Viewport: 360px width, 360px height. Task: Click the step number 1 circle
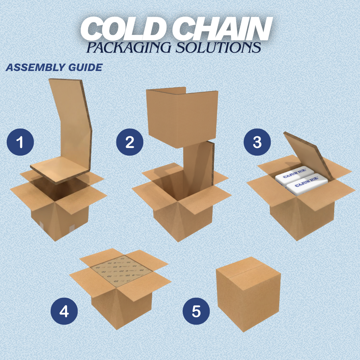click(20, 142)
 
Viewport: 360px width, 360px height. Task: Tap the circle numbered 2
click(130, 142)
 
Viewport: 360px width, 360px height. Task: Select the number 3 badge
click(257, 142)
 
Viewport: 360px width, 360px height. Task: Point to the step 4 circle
click(64, 312)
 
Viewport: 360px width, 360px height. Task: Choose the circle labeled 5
click(196, 312)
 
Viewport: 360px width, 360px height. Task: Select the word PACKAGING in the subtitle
click(130, 47)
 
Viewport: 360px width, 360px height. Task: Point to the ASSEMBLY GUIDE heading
click(54, 67)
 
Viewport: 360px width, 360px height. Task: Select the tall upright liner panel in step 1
click(72, 123)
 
